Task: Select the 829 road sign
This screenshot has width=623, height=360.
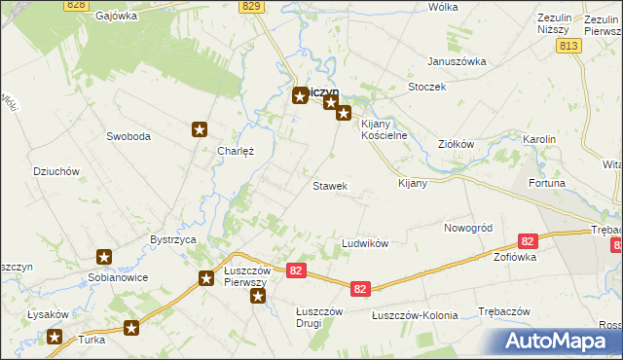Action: click(x=252, y=6)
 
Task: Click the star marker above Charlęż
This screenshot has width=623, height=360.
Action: click(x=201, y=129)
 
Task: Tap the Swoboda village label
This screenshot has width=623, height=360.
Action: click(x=128, y=137)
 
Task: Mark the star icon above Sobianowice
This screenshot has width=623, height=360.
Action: click(x=104, y=258)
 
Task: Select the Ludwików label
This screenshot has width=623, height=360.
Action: click(x=365, y=242)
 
